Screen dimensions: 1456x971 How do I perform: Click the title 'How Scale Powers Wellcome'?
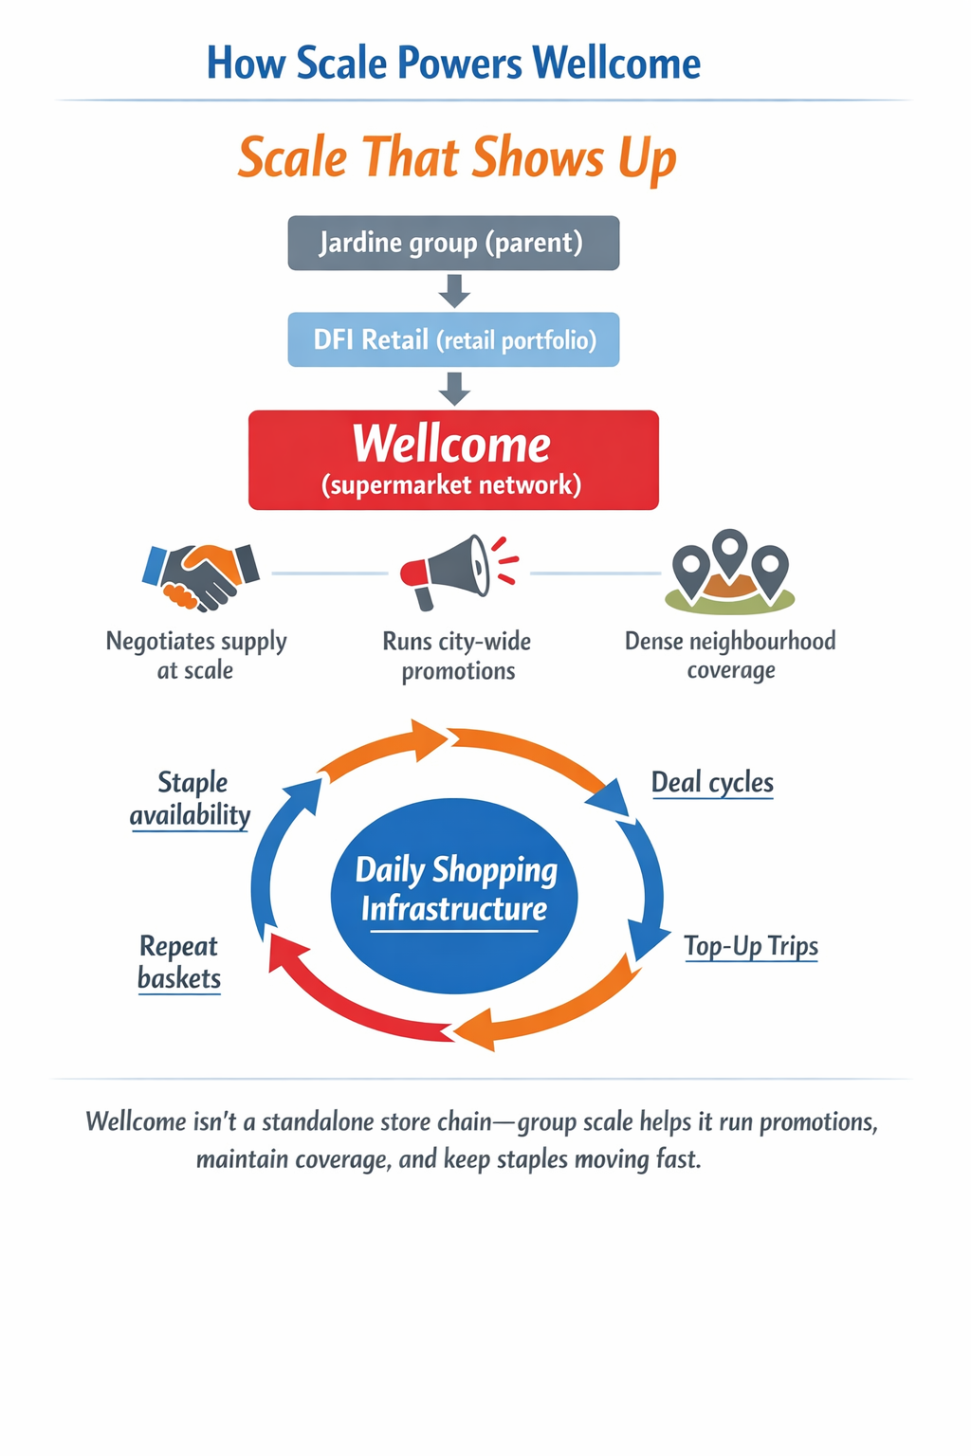point(453,64)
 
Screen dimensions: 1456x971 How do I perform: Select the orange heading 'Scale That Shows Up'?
point(457,157)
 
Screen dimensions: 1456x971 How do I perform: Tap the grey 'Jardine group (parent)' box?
point(453,243)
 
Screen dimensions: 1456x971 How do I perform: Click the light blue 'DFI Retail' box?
point(453,339)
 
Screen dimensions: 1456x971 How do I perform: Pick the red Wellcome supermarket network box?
point(453,460)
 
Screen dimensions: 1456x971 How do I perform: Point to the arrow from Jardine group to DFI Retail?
point(454,290)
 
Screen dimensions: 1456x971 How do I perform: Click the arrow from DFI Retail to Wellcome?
point(454,388)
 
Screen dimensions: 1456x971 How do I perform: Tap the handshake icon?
point(200,574)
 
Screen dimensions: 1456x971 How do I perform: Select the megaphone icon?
point(455,571)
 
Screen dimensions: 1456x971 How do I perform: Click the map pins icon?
point(729,571)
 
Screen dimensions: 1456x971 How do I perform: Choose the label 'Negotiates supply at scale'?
point(195,655)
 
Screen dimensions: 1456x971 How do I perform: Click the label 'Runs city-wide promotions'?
point(457,656)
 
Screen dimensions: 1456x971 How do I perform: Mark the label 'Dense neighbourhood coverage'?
point(730,655)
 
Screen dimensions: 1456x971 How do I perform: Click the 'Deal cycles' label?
point(712,783)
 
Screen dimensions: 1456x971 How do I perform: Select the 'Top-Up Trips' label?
point(751,946)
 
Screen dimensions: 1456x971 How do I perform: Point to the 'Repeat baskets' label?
point(178,962)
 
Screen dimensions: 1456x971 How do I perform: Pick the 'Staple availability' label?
point(191,798)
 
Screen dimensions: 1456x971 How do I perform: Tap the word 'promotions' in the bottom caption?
point(818,1122)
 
